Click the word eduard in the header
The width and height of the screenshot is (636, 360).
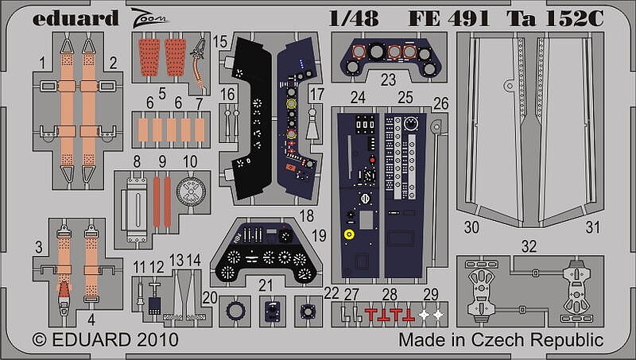point(76,18)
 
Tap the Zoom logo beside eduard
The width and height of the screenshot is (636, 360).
point(149,19)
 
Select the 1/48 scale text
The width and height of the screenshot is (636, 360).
point(354,18)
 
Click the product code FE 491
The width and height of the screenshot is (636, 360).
point(449,18)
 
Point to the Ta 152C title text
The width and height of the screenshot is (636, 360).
point(555,18)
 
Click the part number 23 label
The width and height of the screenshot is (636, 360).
point(388,79)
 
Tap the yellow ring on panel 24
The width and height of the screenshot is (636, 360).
point(349,234)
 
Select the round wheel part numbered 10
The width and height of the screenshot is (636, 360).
point(191,192)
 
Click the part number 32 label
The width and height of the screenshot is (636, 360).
point(529,246)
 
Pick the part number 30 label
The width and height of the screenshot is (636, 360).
point(471,227)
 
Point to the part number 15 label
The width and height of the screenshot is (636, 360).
point(219,42)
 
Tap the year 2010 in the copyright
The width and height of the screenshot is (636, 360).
point(157,339)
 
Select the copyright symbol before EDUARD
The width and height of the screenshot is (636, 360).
point(39,339)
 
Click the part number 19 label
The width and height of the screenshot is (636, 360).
point(320,235)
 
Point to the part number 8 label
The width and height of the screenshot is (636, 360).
point(137,161)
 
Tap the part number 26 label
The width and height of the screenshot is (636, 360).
point(441,103)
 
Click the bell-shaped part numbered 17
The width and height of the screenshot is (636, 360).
point(312,126)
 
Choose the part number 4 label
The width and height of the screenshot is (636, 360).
point(91,319)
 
